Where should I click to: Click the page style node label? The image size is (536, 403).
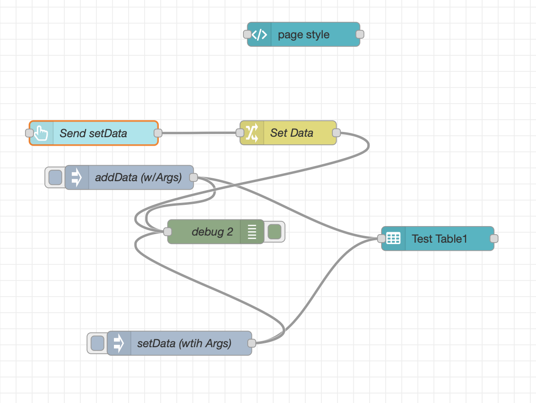[x=303, y=35]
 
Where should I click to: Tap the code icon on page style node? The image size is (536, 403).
[x=259, y=35]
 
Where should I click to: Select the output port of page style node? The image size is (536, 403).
[x=360, y=34]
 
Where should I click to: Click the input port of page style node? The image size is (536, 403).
[x=247, y=34]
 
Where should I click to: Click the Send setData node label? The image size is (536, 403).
[x=93, y=133]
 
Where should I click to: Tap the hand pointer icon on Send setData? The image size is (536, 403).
[x=42, y=133]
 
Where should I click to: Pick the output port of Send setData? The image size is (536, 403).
[x=158, y=133]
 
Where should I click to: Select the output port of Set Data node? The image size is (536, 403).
[x=336, y=132]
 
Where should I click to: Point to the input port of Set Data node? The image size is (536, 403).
[x=240, y=132]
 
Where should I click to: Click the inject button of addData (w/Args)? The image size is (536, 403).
[x=55, y=177]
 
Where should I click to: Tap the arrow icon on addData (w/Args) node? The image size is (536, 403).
[x=77, y=177]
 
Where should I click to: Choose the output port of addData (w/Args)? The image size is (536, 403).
[x=193, y=177]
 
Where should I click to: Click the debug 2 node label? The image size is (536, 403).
[x=212, y=232]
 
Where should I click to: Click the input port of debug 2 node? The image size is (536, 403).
[x=167, y=232]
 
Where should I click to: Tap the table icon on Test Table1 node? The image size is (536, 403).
[x=393, y=238]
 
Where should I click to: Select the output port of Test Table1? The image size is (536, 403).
[x=494, y=238]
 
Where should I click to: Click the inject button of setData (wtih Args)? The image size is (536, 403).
[x=97, y=343]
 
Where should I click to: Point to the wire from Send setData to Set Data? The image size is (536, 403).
[x=199, y=133]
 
